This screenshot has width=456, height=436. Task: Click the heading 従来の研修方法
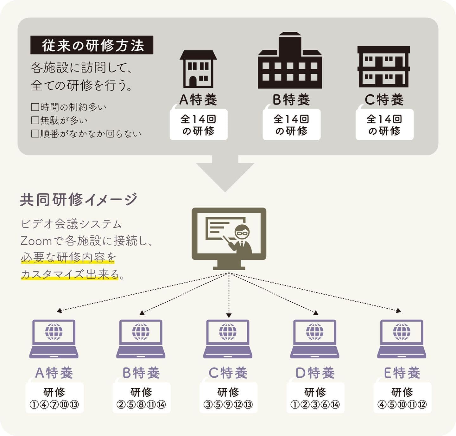[x=92, y=45]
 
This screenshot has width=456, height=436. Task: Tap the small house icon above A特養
[x=198, y=69]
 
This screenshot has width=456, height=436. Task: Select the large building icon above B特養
[x=290, y=61]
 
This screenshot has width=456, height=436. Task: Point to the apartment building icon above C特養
[x=384, y=67]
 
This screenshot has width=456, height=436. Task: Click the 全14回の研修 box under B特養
[x=291, y=125]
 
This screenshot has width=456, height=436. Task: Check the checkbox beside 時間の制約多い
[x=35, y=107]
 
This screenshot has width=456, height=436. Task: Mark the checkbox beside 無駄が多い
[x=35, y=120]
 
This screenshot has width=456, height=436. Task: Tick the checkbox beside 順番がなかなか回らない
[x=35, y=134]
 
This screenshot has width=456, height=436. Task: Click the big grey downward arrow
[x=225, y=173]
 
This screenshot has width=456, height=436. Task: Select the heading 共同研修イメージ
[x=79, y=200]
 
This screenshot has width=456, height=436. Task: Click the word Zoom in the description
[x=36, y=241]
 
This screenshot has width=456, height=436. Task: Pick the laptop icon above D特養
[x=314, y=339]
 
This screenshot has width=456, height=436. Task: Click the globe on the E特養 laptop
[x=402, y=332]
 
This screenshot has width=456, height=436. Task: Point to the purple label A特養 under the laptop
[x=54, y=373]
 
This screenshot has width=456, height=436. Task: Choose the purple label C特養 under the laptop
[x=228, y=373]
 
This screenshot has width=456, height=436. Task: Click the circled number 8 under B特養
[x=141, y=405]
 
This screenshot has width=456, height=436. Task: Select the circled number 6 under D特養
[x=325, y=405]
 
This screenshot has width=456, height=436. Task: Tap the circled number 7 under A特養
[x=54, y=405]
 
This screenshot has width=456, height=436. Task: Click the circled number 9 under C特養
[x=228, y=405]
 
